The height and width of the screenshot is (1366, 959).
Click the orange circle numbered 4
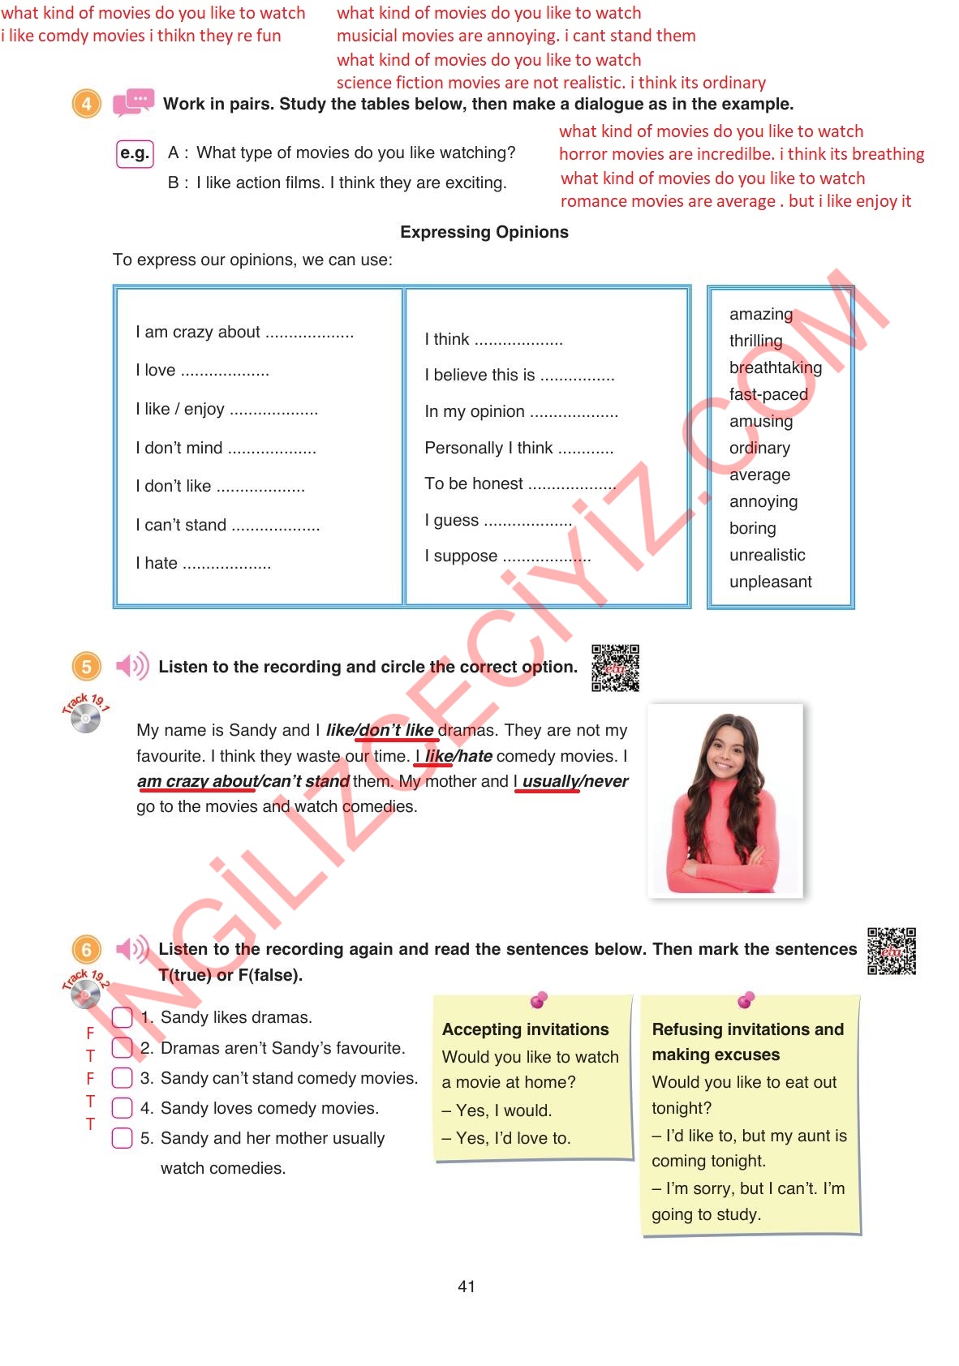(x=87, y=104)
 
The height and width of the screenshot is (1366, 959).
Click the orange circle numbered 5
(x=87, y=667)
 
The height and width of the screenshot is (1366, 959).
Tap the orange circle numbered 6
(x=87, y=949)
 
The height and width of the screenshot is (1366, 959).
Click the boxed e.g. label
(x=135, y=153)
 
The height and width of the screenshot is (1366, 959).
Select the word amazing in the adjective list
(x=760, y=314)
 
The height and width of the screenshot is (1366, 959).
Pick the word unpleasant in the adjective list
(x=770, y=582)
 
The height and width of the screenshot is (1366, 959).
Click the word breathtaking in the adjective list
(x=775, y=367)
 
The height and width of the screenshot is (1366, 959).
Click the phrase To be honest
(x=474, y=484)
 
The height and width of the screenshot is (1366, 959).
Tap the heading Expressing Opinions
(x=484, y=232)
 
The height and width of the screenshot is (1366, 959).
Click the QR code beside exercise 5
(x=615, y=668)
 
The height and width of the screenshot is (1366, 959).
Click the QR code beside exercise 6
(x=891, y=951)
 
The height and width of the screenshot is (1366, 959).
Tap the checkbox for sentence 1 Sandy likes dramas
(x=122, y=1017)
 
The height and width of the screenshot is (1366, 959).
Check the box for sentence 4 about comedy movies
(x=122, y=1108)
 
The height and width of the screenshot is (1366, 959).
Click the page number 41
(x=467, y=1287)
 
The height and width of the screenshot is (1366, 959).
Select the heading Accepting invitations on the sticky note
(x=525, y=1029)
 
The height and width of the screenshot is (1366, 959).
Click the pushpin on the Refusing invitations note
(x=746, y=999)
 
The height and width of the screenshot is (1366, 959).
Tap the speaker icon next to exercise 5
(x=132, y=667)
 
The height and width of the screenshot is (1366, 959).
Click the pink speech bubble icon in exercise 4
(x=133, y=103)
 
